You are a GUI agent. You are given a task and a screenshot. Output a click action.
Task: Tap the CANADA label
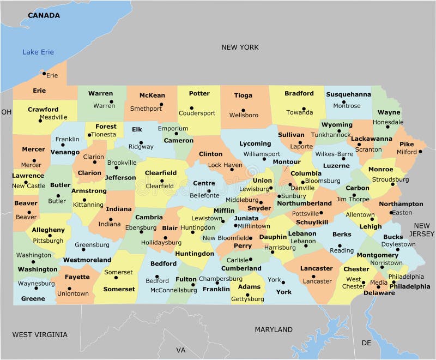point(44,15)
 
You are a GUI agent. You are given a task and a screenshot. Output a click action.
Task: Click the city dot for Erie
point(44,73)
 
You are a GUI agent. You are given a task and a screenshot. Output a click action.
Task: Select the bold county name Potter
point(199,93)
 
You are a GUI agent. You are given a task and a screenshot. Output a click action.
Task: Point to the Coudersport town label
point(197,113)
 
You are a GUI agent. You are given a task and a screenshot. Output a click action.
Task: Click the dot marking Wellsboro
point(243,109)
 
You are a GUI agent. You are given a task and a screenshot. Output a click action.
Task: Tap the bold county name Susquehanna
point(348,94)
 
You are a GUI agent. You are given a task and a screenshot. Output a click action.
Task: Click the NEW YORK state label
point(240,47)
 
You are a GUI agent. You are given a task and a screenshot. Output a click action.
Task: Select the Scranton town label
point(368,149)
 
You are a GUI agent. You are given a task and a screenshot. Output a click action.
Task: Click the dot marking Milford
point(420,152)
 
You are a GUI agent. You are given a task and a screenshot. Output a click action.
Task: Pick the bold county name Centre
point(204,183)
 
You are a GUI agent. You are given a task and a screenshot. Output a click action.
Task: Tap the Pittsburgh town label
point(48,240)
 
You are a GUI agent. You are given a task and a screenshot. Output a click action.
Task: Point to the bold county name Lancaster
point(316,268)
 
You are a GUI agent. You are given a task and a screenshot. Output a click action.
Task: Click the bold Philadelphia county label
point(409,286)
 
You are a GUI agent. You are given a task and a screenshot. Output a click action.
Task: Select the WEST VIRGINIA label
point(40,334)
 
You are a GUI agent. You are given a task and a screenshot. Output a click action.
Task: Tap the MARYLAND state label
point(274,329)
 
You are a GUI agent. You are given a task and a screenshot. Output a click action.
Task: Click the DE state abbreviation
point(366,343)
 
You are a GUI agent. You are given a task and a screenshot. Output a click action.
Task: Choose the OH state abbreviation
point(6,112)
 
